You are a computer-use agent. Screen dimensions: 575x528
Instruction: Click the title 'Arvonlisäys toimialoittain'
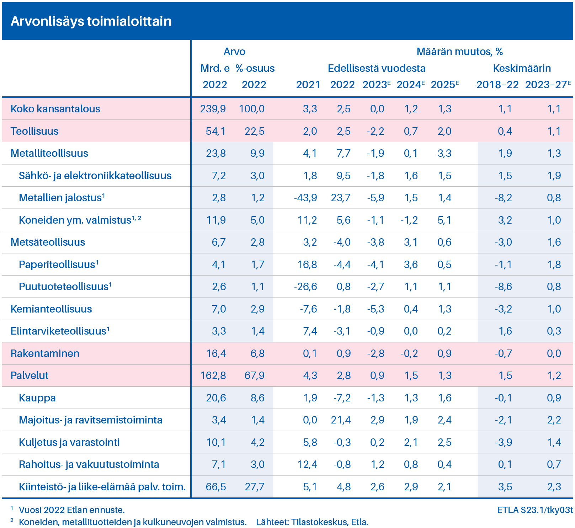click(91, 21)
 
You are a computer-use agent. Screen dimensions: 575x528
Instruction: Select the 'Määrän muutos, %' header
click(459, 52)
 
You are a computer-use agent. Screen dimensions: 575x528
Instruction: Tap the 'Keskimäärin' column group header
click(522, 68)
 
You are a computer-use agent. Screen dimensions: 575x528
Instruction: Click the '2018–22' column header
click(497, 85)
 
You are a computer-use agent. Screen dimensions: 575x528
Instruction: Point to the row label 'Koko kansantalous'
click(55, 109)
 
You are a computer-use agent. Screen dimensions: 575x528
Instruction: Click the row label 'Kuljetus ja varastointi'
click(69, 442)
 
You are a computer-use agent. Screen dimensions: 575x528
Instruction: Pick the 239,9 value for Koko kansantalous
click(213, 109)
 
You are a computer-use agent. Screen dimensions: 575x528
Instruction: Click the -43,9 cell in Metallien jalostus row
click(305, 198)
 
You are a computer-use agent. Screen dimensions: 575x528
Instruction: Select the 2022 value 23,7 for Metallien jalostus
click(341, 198)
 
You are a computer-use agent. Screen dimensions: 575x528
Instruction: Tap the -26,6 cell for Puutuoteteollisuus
click(305, 287)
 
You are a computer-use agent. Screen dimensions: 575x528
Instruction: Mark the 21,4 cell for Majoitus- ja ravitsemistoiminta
click(341, 420)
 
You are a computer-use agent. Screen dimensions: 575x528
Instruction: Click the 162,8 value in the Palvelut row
click(213, 375)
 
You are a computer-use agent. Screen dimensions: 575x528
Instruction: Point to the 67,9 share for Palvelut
click(255, 375)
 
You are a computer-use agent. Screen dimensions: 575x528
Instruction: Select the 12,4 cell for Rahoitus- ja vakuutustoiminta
click(308, 464)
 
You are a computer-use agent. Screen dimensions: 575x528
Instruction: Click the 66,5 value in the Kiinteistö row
click(216, 487)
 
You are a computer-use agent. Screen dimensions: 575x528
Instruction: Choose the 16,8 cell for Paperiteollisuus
click(308, 265)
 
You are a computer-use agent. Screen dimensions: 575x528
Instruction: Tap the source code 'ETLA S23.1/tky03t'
click(535, 510)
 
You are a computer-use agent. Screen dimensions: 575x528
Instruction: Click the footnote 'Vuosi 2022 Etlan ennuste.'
click(72, 510)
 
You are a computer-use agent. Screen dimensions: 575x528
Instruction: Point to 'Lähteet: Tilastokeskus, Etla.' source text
click(312, 522)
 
